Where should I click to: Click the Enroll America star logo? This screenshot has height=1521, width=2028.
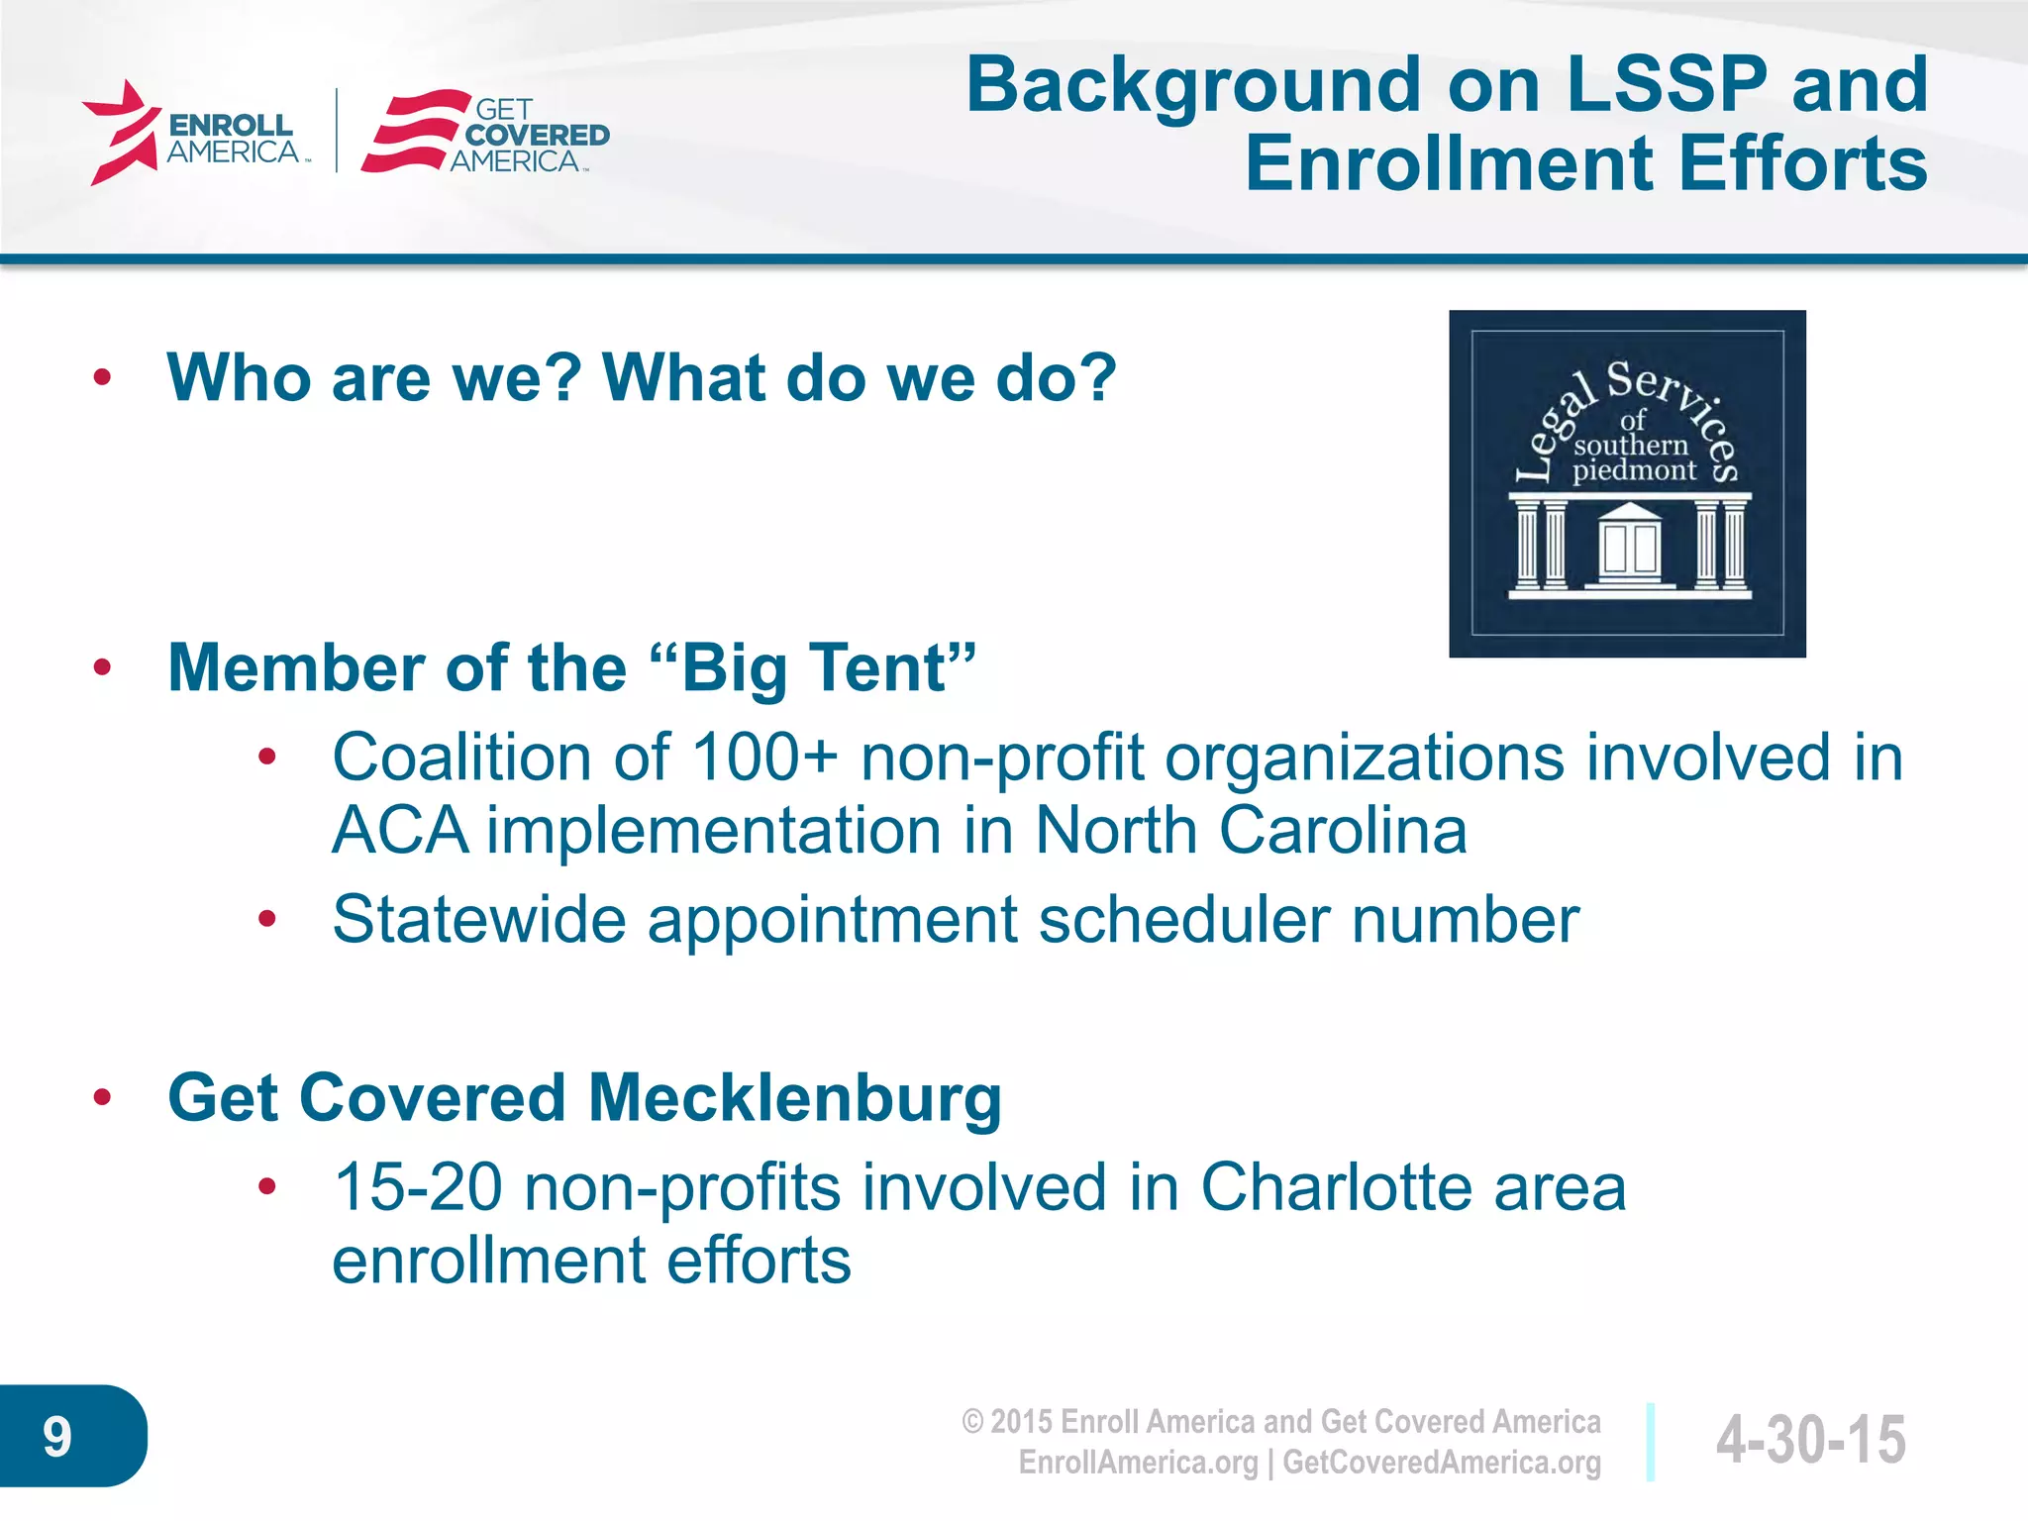pyautogui.click(x=122, y=132)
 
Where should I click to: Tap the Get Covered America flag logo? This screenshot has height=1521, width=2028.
pyautogui.click(x=415, y=132)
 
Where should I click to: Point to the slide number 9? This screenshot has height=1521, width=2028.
pyautogui.click(x=57, y=1437)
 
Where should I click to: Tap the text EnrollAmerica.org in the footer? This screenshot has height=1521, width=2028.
pyautogui.click(x=1138, y=1463)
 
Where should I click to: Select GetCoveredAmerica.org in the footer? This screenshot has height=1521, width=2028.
pyautogui.click(x=1442, y=1463)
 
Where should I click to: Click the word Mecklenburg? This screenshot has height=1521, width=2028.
pyautogui.click(x=795, y=1098)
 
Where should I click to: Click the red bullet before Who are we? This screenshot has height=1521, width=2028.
pyautogui.click(x=102, y=377)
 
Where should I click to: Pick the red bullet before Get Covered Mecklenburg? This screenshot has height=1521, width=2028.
pyautogui.click(x=102, y=1097)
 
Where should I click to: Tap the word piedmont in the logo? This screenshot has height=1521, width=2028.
pyautogui.click(x=1634, y=469)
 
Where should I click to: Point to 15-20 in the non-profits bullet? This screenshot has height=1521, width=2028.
pyautogui.click(x=418, y=1187)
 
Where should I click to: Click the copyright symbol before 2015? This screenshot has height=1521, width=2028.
pyautogui.click(x=972, y=1422)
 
